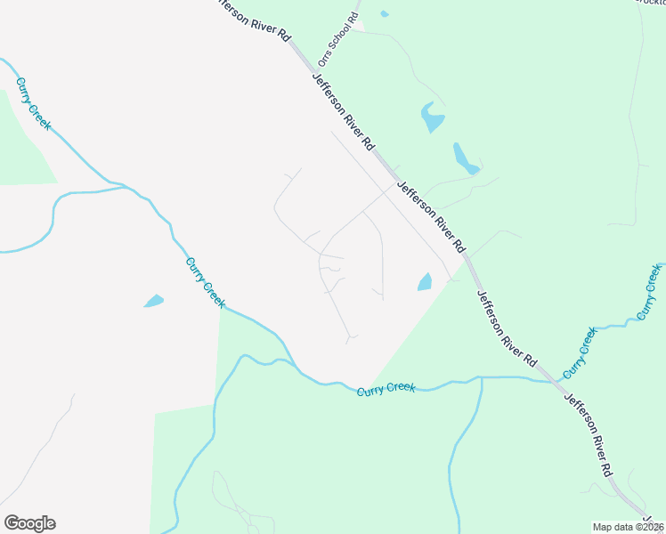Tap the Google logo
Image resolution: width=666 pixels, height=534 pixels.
[29, 523]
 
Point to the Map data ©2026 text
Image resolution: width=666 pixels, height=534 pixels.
[629, 527]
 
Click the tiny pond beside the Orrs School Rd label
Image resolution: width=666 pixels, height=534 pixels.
[384, 14]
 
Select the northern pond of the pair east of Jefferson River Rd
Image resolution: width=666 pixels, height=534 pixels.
[431, 117]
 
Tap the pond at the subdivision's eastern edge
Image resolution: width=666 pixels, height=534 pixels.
[425, 282]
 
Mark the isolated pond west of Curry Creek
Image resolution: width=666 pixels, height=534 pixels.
[153, 301]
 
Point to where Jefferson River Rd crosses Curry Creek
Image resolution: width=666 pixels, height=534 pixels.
[556, 381]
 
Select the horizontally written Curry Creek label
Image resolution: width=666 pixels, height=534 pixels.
[386, 391]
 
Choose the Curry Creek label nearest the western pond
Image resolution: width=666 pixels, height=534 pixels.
[205, 283]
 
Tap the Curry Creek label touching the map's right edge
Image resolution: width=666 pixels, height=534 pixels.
[649, 293]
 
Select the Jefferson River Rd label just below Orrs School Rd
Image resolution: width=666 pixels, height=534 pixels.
[344, 112]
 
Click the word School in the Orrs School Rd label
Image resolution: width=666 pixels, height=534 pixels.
[338, 39]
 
